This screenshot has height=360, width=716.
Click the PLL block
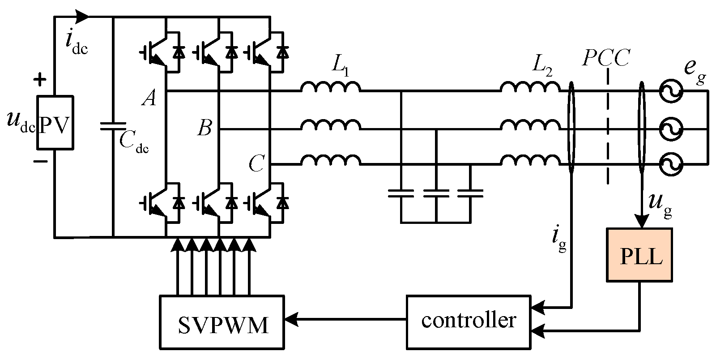click(639, 255)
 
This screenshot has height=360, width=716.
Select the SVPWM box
click(222, 321)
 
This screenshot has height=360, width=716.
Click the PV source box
click(55, 122)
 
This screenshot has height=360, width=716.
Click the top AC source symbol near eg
click(671, 91)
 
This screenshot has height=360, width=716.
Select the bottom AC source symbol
click(671, 164)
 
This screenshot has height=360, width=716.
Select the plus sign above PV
click(40, 80)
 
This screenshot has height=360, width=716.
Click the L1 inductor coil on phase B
click(330, 125)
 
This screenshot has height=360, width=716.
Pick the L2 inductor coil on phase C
click(530, 160)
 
